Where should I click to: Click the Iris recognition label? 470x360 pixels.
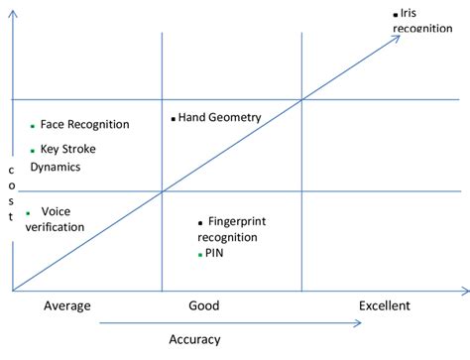pyautogui.click(x=424, y=21)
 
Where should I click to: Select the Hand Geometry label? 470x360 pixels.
pyautogui.click(x=219, y=117)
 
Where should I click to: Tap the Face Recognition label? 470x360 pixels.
pyautogui.click(x=84, y=125)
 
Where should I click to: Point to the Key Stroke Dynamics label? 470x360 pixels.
pyautogui.click(x=68, y=159)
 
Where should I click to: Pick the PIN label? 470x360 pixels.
pyautogui.click(x=214, y=254)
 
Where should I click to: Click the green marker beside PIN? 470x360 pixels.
pyautogui.click(x=200, y=255)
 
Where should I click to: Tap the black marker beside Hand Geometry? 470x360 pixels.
pyautogui.click(x=174, y=118)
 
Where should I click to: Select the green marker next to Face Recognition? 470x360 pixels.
pyautogui.click(x=33, y=126)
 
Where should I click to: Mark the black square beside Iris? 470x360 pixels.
pyautogui.click(x=396, y=14)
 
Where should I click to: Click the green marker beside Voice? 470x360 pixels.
pyautogui.click(x=28, y=212)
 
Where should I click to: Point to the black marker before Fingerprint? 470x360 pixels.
pyautogui.click(x=200, y=222)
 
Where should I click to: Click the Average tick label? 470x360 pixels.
pyautogui.click(x=66, y=305)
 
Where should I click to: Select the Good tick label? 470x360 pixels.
pyautogui.click(x=203, y=305)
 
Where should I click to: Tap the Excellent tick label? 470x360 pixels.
pyautogui.click(x=384, y=305)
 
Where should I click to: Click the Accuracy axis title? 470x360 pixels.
pyautogui.click(x=194, y=339)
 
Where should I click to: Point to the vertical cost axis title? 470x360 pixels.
pyautogui.click(x=11, y=193)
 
